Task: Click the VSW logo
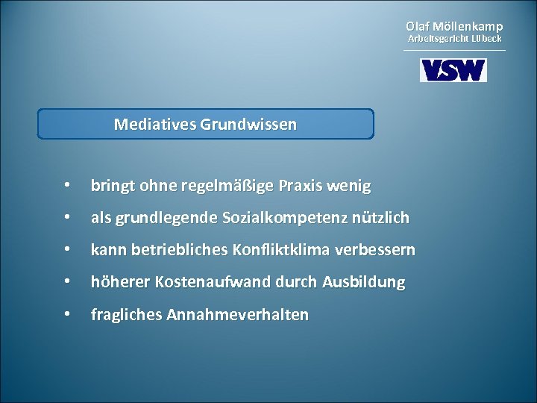coord(453,70)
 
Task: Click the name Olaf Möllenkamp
coord(454,26)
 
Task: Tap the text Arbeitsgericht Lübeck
coord(454,38)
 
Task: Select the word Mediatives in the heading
coord(154,124)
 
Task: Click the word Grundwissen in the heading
coord(248,124)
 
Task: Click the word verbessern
coord(375,250)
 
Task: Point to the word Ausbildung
coord(364,283)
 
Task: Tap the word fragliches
coord(127,315)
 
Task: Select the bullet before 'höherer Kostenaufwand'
coord(68,282)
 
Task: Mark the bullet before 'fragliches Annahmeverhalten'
coord(68,314)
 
